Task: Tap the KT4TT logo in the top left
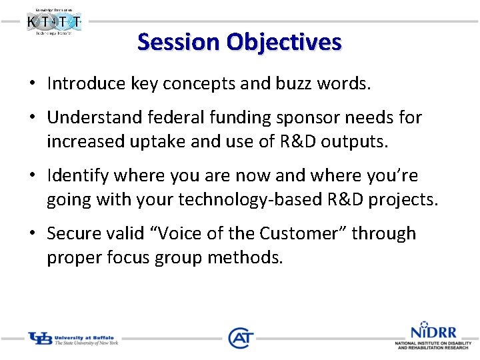(55, 22)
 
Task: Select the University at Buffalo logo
(73, 339)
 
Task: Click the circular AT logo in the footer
(240, 338)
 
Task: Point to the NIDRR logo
(433, 336)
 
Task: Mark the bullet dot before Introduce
(32, 84)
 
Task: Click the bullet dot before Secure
(32, 235)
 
